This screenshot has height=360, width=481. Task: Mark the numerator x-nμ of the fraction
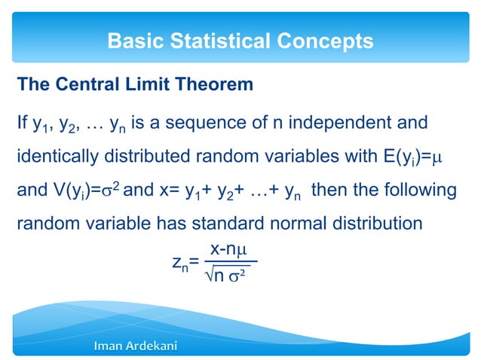pyautogui.click(x=230, y=249)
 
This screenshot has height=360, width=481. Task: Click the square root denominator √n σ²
pyautogui.click(x=228, y=276)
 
